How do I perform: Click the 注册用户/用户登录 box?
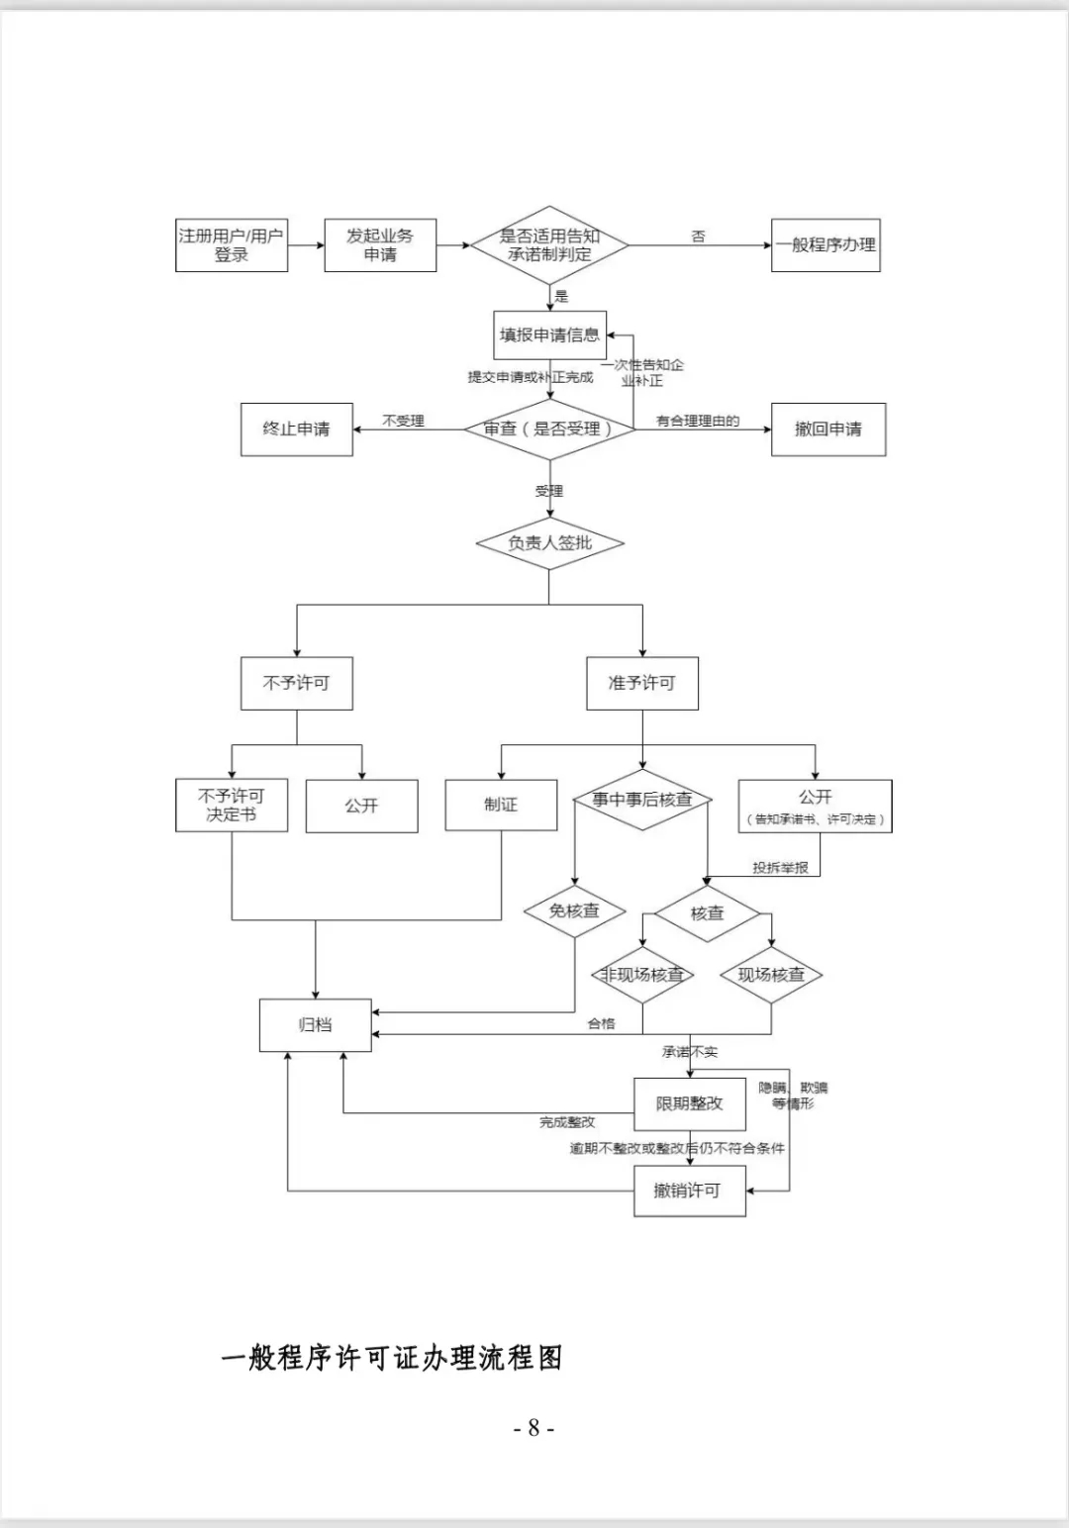232,244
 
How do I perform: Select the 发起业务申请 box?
380,244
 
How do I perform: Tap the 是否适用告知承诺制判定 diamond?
549,244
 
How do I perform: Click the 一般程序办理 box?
826,244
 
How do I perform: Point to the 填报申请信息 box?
550,334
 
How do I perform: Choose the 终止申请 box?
297,430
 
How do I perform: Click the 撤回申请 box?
828,430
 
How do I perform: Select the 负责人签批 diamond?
550,543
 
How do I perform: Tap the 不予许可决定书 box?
232,805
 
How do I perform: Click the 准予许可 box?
642,683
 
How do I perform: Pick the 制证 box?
501,805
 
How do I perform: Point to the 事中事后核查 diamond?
642,800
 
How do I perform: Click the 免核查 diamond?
574,910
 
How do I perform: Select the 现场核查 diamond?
771,975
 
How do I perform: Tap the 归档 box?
315,1025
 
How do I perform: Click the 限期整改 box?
689,1103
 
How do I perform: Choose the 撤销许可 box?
689,1191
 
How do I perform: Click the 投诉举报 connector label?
780,868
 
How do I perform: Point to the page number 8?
534,1427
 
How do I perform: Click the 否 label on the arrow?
698,236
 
